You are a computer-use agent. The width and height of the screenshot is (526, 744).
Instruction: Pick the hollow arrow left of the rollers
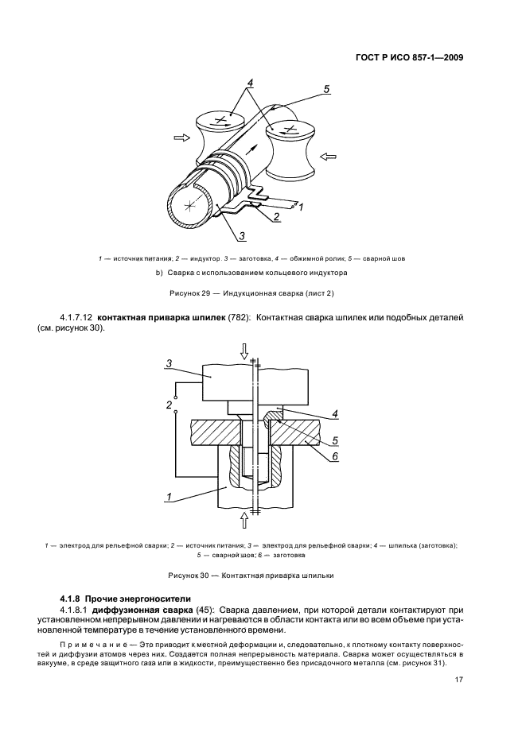coord(182,138)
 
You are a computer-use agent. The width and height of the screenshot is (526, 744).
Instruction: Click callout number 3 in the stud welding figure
coord(169,364)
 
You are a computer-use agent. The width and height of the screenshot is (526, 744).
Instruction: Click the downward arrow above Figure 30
coord(244,351)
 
